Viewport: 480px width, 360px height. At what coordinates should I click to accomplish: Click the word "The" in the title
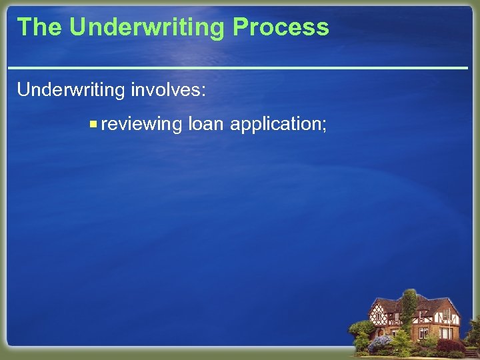tap(39, 27)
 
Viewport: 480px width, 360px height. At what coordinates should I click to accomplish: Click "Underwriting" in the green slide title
tap(147, 27)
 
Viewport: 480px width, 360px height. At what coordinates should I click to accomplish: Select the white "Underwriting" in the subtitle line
tap(70, 90)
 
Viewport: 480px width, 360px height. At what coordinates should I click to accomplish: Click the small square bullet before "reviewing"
tap(93, 124)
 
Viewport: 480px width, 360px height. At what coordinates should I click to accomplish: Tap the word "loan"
tap(207, 124)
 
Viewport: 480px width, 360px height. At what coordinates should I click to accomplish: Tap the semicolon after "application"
tap(324, 125)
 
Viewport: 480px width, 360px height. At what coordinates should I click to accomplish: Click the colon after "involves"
tap(203, 91)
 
